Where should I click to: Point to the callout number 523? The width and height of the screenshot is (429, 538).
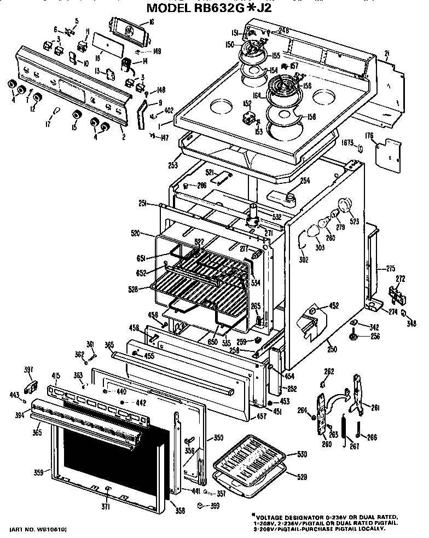(x=355, y=222)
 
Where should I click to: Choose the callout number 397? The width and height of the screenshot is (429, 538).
(x=28, y=371)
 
